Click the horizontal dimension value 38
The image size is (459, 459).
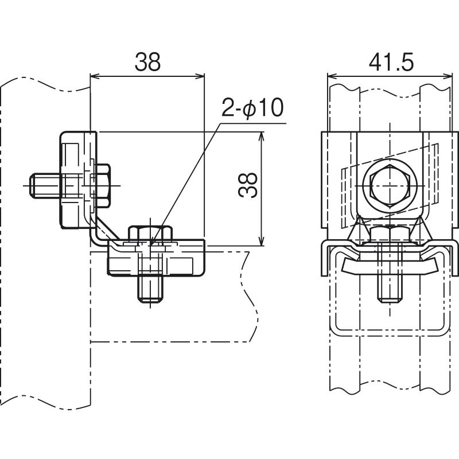pyautogui.click(x=147, y=61)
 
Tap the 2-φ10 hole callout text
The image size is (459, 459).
pyautogui.click(x=253, y=107)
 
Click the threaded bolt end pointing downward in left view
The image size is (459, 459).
pyautogui.click(x=150, y=291)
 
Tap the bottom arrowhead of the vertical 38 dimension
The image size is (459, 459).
pyautogui.click(x=262, y=243)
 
